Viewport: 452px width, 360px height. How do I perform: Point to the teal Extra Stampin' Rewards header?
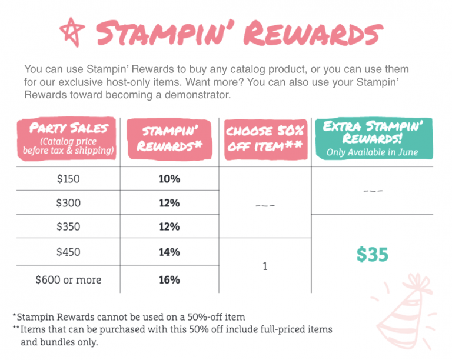(x=372, y=138)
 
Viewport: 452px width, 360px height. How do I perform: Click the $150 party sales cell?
(x=68, y=179)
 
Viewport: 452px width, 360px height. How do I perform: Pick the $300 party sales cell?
(x=68, y=203)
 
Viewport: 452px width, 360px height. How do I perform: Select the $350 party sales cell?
(x=68, y=227)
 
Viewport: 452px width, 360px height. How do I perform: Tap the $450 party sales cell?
(x=68, y=252)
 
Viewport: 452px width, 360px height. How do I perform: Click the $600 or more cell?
(x=68, y=280)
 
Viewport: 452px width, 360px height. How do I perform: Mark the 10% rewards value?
(x=169, y=179)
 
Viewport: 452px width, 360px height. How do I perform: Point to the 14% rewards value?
(x=169, y=252)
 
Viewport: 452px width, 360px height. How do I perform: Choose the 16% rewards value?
(x=169, y=280)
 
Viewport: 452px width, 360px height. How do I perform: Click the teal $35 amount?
(x=372, y=254)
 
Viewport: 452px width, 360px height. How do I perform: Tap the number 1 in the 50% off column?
(x=265, y=266)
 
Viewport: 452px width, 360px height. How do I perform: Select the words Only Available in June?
(x=372, y=152)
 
